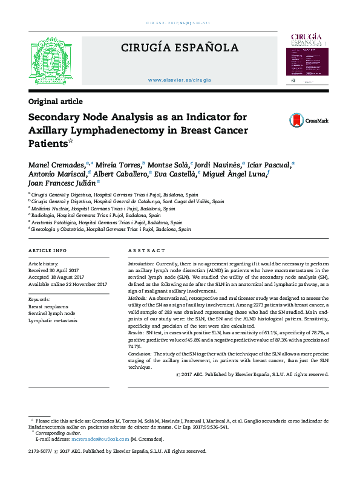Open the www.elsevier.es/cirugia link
click(179, 80)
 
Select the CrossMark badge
click(309, 120)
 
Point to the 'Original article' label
click(56, 102)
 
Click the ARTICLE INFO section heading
click(48, 250)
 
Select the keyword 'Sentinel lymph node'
click(52, 314)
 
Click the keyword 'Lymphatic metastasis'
click(53, 321)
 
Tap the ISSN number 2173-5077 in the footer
click(40, 451)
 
